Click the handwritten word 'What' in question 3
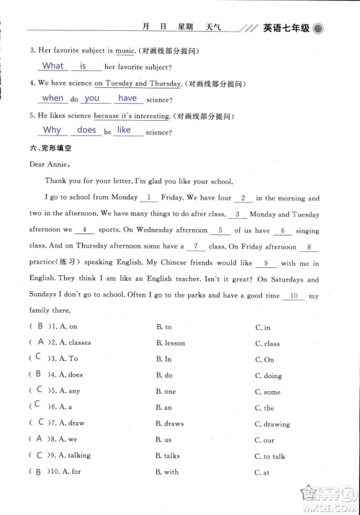click(x=53, y=66)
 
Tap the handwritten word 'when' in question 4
click(x=53, y=98)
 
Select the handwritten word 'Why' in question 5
click(x=52, y=130)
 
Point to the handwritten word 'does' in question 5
click(x=86, y=130)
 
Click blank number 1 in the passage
click(x=148, y=197)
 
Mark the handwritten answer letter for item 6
click(x=40, y=406)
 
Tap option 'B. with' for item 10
click(x=166, y=472)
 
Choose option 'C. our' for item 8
click(x=264, y=439)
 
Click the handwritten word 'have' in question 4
click(x=127, y=98)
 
